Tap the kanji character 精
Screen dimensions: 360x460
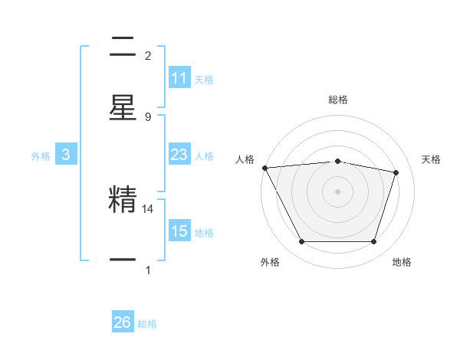(x=123, y=201)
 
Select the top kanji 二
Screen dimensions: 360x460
(x=123, y=47)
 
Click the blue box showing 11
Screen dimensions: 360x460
(x=179, y=78)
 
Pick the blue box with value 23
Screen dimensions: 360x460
(x=179, y=155)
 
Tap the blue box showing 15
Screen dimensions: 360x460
(x=179, y=231)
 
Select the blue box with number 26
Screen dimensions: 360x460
(x=123, y=322)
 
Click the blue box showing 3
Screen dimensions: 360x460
(x=66, y=155)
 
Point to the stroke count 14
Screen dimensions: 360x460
(x=149, y=208)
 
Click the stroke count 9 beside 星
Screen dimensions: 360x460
(x=148, y=116)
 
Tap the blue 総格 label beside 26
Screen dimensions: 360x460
(x=147, y=324)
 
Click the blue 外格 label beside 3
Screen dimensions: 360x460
(x=41, y=156)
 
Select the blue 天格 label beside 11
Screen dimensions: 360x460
(x=204, y=80)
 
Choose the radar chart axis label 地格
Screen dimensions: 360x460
(x=402, y=262)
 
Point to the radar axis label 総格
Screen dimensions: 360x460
(x=337, y=100)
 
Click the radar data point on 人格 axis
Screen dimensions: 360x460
(x=264, y=168)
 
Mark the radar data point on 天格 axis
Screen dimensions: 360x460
(x=396, y=172)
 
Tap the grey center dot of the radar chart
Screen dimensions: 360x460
(x=337, y=191)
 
